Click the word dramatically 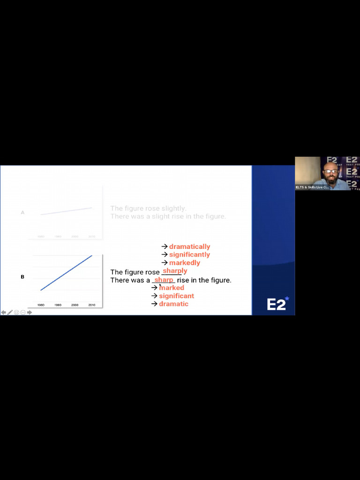point(189,247)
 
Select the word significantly point(189,255)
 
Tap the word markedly point(184,262)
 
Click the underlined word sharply point(175,271)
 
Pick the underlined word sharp point(164,280)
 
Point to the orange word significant point(176,296)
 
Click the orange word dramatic point(173,304)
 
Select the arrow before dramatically point(165,247)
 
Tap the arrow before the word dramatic point(154,304)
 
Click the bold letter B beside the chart point(22,277)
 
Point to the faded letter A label point(22,212)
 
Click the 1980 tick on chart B point(41,305)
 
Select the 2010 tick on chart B point(91,305)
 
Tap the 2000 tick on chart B point(75,305)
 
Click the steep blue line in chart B point(66,273)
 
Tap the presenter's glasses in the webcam point(331,171)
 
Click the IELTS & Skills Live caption point(312,187)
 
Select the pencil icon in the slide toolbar point(10,312)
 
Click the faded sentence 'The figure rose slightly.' point(148,208)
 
